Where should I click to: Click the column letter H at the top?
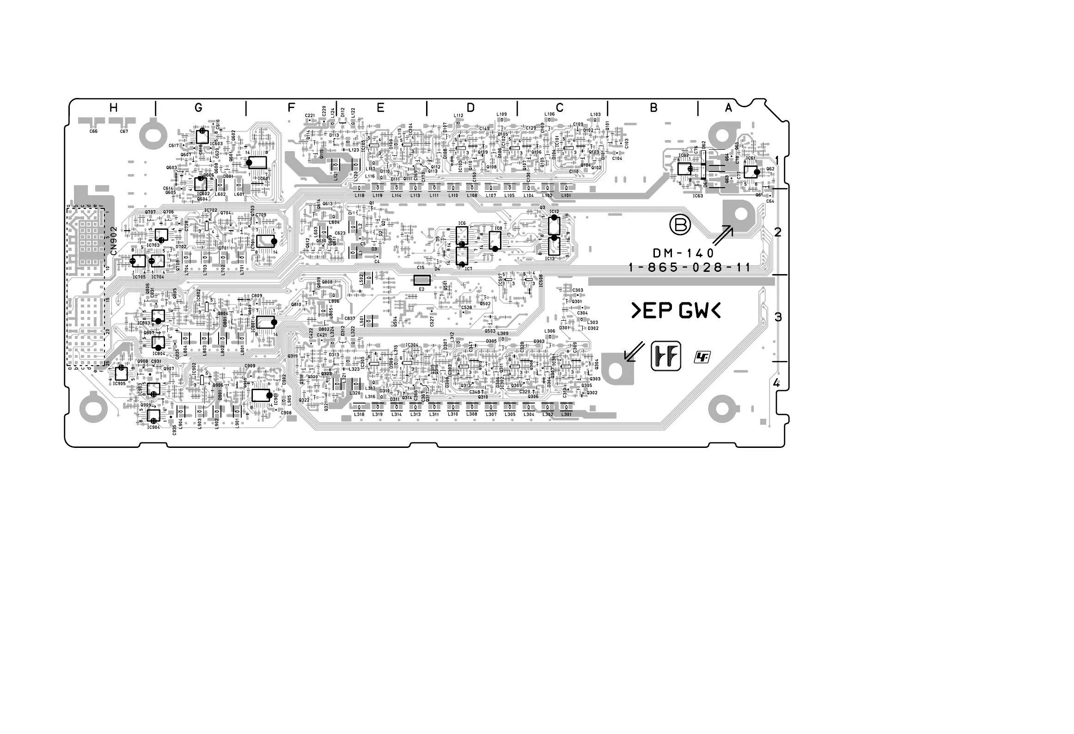(x=113, y=108)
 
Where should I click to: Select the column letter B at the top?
(x=653, y=108)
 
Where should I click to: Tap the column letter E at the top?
(x=380, y=108)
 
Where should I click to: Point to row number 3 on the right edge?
(x=778, y=317)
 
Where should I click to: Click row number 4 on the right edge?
(x=776, y=383)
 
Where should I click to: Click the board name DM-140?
(x=683, y=253)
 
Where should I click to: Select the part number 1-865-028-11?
(x=689, y=268)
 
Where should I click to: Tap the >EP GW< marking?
(x=676, y=312)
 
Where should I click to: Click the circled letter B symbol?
(x=680, y=226)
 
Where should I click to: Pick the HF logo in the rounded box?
(x=666, y=356)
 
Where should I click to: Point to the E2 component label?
(x=421, y=289)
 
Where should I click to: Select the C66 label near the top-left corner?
(x=93, y=132)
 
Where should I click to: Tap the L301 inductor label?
(x=566, y=415)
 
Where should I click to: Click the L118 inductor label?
(x=359, y=196)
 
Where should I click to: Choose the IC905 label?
(x=119, y=384)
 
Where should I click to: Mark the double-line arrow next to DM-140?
(x=723, y=235)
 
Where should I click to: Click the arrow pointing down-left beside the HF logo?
(x=634, y=351)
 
